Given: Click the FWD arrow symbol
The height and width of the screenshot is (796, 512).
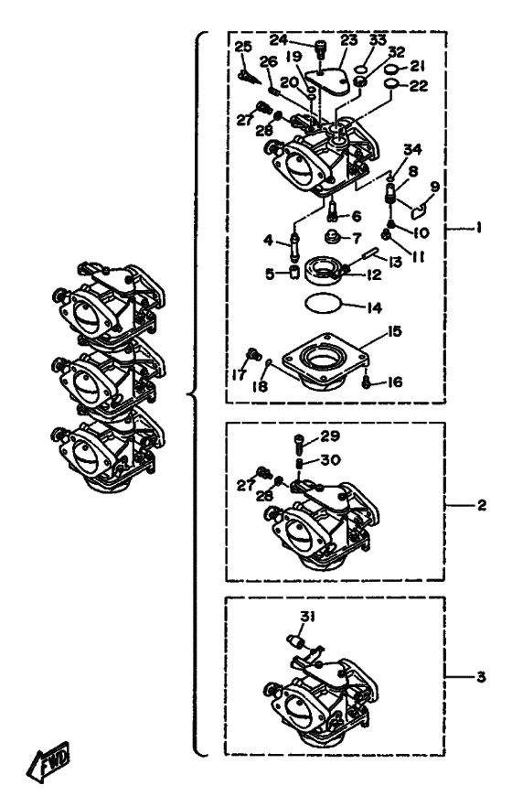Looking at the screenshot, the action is pyautogui.click(x=48, y=762).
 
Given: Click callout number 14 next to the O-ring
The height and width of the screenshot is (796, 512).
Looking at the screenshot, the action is pyautogui.click(x=374, y=307).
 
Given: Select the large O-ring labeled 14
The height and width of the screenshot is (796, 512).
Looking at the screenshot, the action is pyautogui.click(x=323, y=304).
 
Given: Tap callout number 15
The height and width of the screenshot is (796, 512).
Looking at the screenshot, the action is pyautogui.click(x=394, y=331).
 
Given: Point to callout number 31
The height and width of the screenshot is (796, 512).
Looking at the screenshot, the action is pyautogui.click(x=307, y=617).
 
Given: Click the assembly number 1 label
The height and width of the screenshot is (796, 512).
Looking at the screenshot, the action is pyautogui.click(x=478, y=228).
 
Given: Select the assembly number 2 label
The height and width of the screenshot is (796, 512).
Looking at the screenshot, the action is pyautogui.click(x=481, y=505).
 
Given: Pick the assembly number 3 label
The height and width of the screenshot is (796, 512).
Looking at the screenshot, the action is pyautogui.click(x=481, y=677).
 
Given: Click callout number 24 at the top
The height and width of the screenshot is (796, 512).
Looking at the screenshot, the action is pyautogui.click(x=278, y=39).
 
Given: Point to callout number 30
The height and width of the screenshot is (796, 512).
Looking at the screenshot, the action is pyautogui.click(x=330, y=460).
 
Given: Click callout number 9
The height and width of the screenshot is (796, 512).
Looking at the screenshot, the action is pyautogui.click(x=435, y=187).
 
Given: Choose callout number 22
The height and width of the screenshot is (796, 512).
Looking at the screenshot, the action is pyautogui.click(x=419, y=86).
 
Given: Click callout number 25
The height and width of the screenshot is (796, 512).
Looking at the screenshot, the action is pyautogui.click(x=243, y=47).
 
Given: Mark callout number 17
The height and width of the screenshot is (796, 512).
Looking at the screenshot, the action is pyautogui.click(x=239, y=375).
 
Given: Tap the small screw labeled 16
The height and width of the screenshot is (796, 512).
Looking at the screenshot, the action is pyautogui.click(x=366, y=384).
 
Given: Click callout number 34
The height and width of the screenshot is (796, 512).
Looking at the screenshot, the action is pyautogui.click(x=412, y=149).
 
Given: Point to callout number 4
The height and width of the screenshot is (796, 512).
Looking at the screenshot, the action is pyautogui.click(x=268, y=240).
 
